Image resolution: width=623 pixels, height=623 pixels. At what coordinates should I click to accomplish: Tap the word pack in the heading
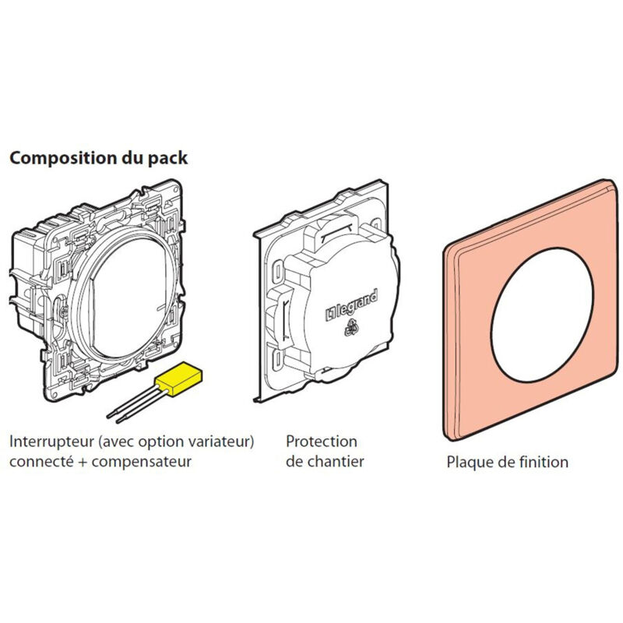[167, 159]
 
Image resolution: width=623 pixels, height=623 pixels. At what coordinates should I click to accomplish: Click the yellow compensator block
[179, 378]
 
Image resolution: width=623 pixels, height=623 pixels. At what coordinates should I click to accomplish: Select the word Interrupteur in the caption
[51, 442]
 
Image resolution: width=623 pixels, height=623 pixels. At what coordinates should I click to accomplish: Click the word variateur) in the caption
[220, 442]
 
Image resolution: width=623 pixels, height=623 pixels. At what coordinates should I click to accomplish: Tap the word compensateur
[142, 462]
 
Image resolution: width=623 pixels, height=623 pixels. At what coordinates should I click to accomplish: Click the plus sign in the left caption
[83, 462]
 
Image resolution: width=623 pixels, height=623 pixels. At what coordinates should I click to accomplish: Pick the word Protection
[322, 442]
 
